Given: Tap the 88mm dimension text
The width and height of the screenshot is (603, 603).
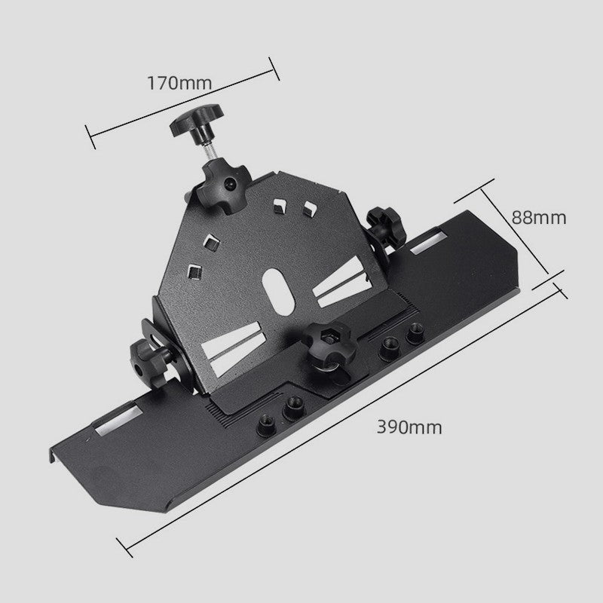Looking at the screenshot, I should (539, 217).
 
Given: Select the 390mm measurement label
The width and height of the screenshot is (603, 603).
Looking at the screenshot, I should (410, 427).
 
